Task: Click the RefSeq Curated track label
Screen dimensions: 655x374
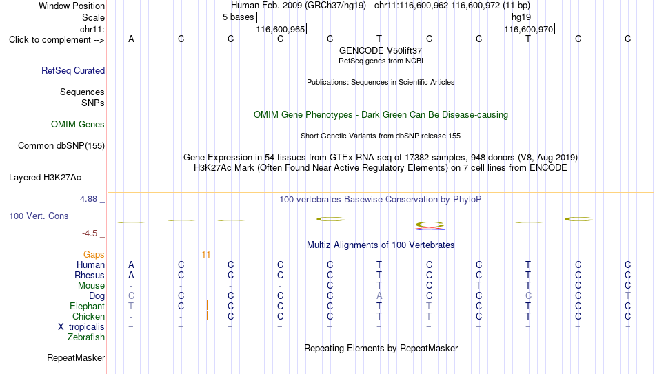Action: tap(73, 70)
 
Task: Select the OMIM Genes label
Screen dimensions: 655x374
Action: tap(78, 125)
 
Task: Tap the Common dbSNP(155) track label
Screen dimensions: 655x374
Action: tap(61, 146)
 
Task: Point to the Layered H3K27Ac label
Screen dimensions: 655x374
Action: tap(45, 178)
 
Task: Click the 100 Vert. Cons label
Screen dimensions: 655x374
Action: tap(39, 216)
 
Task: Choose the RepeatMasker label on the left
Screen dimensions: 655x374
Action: tap(76, 357)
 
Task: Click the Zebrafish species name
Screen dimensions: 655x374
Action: tap(86, 337)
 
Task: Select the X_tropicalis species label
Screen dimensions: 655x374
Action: tap(81, 327)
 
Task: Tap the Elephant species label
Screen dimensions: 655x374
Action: tap(88, 306)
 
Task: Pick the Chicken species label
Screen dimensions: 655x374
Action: tap(88, 316)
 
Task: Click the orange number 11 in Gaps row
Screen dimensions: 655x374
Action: tap(206, 255)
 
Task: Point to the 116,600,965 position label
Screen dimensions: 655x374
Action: tap(281, 29)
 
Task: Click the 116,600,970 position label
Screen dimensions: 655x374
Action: tap(528, 29)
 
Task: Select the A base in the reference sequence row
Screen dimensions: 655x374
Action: tap(131, 39)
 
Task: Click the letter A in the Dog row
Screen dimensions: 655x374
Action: tap(379, 296)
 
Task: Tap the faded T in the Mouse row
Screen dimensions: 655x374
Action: tap(478, 286)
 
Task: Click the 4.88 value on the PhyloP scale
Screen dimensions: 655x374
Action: tap(88, 199)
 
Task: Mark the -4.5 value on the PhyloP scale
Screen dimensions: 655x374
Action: tap(90, 233)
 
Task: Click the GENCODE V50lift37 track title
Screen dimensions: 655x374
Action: tap(381, 50)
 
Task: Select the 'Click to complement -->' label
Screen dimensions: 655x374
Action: tap(57, 40)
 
